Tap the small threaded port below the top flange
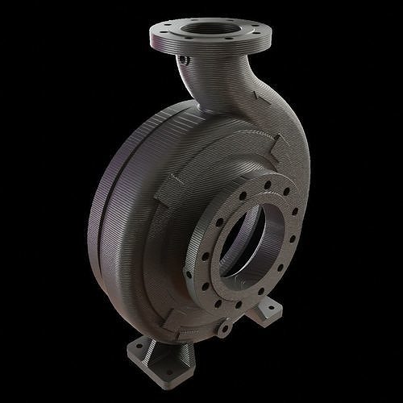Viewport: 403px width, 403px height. pos(185,60)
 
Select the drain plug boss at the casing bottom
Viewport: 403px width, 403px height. pos(224,328)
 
